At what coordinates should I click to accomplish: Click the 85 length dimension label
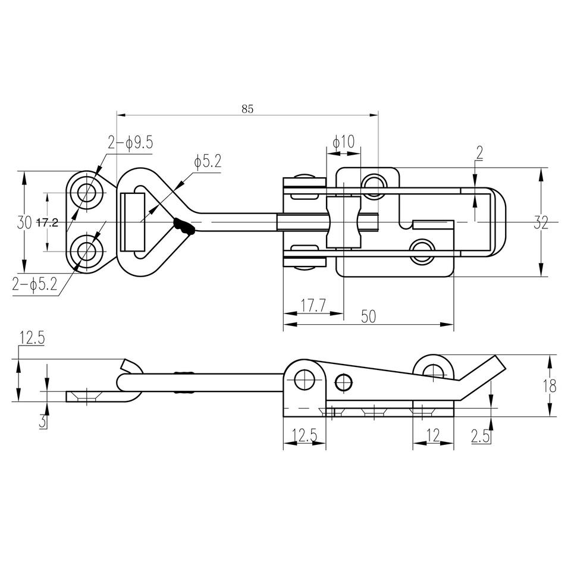(x=247, y=109)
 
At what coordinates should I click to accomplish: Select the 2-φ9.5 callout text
(x=130, y=142)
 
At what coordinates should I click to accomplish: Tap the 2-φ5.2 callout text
(x=35, y=284)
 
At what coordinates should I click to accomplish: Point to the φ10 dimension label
(x=343, y=142)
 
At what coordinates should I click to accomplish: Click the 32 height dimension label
(x=541, y=222)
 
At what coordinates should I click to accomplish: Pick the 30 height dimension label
(x=24, y=222)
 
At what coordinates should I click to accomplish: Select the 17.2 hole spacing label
(x=48, y=222)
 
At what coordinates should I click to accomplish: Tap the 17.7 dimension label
(x=313, y=306)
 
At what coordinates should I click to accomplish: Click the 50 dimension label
(x=368, y=316)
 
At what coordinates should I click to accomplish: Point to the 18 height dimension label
(x=550, y=385)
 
